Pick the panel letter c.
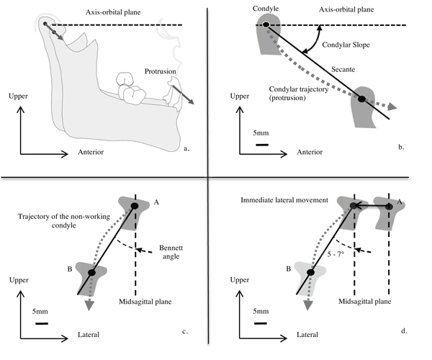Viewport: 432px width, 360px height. pos(186,331)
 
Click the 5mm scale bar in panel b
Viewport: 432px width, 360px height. pos(262,146)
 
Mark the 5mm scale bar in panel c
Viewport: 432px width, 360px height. pos(42,323)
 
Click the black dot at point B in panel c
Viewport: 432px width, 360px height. pos(91,273)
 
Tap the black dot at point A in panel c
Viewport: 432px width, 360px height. pos(135,207)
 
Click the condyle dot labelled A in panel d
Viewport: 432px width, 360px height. pos(389,206)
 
